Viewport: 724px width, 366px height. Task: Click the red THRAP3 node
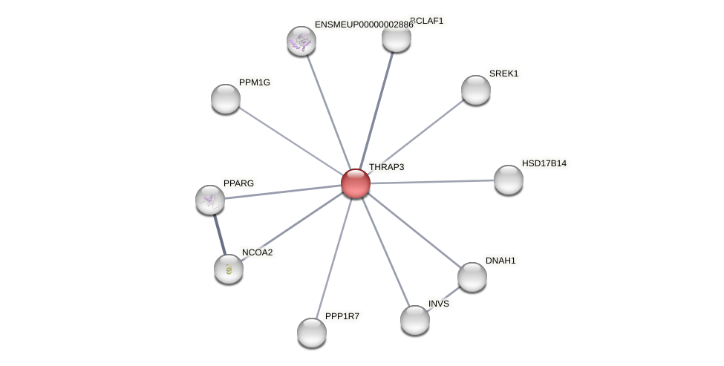coord(356,183)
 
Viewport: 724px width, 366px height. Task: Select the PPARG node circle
coord(210,199)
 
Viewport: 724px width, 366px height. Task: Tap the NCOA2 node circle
coord(229,269)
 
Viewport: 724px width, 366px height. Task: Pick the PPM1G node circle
coord(226,99)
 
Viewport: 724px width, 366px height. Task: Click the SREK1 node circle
coord(476,90)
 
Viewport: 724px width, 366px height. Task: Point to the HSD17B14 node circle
coord(509,180)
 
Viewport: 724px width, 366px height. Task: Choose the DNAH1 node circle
coord(472,277)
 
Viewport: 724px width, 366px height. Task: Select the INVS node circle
coord(415,320)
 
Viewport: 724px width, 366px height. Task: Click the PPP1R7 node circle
coord(312,333)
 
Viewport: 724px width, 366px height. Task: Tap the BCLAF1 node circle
coord(397,38)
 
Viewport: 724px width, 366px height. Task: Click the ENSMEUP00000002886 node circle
coord(301,41)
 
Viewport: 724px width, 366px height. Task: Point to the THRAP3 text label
coord(387,167)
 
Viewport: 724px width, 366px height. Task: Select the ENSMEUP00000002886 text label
coord(364,24)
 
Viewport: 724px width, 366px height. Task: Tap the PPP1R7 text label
coord(342,316)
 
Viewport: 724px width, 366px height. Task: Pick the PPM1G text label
coord(255,82)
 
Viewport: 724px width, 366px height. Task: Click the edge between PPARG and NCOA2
coord(219,234)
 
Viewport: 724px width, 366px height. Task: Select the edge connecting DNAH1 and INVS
coord(444,298)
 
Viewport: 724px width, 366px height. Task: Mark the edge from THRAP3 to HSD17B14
coord(432,182)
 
